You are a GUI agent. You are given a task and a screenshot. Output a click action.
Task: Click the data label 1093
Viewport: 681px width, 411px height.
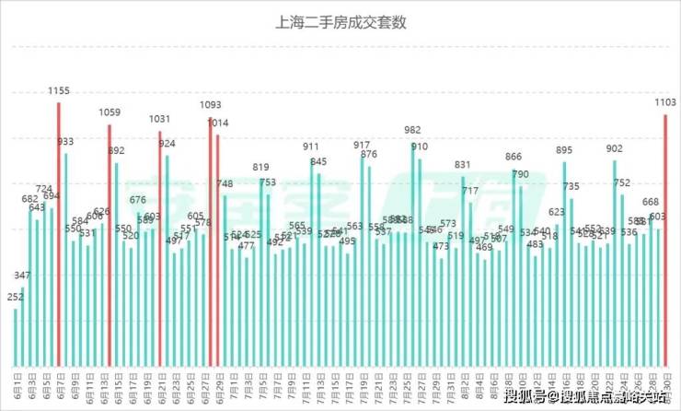pyautogui.click(x=211, y=105)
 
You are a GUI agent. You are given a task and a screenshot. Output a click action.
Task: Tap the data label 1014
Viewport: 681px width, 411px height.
pyautogui.click(x=218, y=123)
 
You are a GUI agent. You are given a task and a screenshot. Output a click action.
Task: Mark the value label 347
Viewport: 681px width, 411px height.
pyautogui.click(x=23, y=276)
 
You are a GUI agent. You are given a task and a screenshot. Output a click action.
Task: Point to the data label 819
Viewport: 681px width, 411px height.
pyautogui.click(x=261, y=167)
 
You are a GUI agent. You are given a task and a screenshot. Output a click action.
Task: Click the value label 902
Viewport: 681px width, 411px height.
pyautogui.click(x=614, y=148)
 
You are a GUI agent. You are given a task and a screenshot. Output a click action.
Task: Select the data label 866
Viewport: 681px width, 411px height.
pyautogui.click(x=514, y=157)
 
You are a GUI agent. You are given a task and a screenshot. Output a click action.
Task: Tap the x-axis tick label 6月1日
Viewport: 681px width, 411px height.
pyautogui.click(x=17, y=384)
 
